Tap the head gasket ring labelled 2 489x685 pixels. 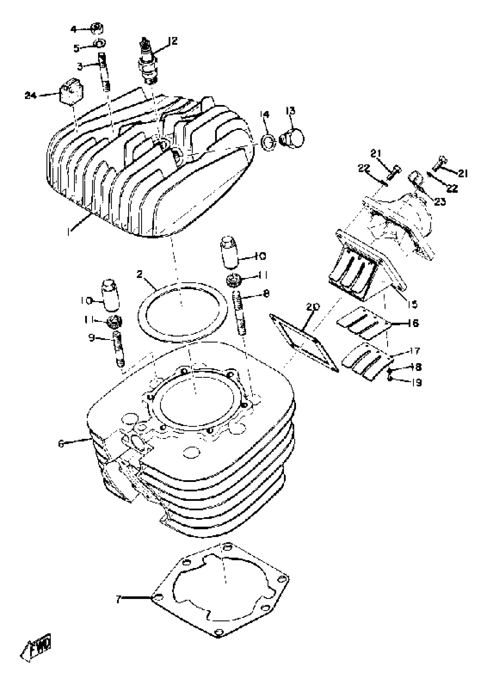(x=182, y=311)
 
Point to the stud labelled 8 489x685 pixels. (x=240, y=313)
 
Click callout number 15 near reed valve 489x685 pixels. (x=412, y=304)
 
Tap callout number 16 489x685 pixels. (x=414, y=323)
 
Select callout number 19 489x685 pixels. (x=417, y=382)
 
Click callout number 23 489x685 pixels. (x=439, y=201)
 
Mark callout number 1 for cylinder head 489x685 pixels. (x=70, y=232)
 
